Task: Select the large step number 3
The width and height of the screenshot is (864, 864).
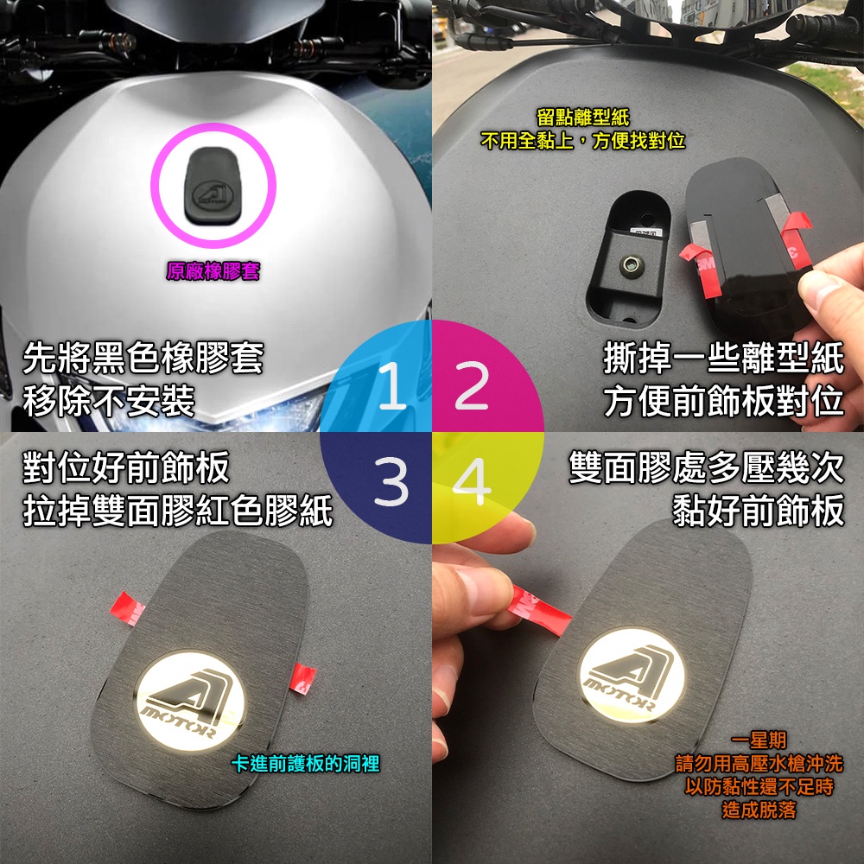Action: click(391, 482)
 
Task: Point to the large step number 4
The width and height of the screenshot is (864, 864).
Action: click(472, 482)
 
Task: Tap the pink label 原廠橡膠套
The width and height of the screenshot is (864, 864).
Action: click(213, 271)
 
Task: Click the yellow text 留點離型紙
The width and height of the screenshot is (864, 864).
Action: click(582, 118)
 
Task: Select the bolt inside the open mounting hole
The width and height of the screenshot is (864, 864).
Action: click(631, 265)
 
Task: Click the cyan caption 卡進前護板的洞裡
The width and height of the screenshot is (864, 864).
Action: click(306, 764)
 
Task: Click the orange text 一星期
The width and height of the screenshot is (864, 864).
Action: click(759, 740)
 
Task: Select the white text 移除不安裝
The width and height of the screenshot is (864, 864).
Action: click(109, 401)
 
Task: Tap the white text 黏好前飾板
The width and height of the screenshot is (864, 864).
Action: click(759, 510)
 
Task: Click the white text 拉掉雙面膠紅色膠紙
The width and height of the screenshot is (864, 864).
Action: click(177, 510)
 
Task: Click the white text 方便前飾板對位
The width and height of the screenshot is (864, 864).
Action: click(723, 401)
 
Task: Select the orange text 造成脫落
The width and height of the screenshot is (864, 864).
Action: click(759, 810)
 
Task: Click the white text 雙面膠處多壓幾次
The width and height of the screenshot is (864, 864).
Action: click(707, 468)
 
